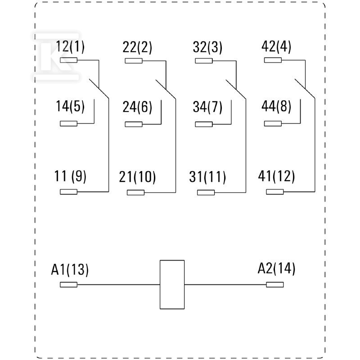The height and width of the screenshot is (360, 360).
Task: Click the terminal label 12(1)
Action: [x=70, y=47]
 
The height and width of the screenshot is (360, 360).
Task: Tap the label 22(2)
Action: [x=137, y=48]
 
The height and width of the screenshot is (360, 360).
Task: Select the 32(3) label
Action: [x=207, y=48]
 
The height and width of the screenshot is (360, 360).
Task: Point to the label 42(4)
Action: [x=276, y=47]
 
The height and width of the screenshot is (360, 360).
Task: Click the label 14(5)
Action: [x=70, y=106]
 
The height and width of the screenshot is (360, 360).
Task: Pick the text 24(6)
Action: [x=137, y=107]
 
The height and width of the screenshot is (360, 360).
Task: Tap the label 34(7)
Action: [x=207, y=107]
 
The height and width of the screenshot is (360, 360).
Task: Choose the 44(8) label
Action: [x=276, y=107]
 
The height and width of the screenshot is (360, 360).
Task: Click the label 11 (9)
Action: [x=70, y=176]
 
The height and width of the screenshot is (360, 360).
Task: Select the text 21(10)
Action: [x=137, y=177]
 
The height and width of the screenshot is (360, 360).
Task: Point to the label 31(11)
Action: [x=207, y=177]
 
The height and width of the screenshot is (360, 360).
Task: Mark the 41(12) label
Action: [x=276, y=176]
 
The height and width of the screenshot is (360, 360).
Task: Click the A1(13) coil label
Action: [x=70, y=270]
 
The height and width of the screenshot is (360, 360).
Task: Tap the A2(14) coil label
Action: [x=276, y=269]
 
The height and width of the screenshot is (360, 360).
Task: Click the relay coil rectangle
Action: [x=172, y=284]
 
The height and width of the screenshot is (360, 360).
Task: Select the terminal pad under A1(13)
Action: [x=69, y=285]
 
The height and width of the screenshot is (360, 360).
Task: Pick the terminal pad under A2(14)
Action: [x=275, y=285]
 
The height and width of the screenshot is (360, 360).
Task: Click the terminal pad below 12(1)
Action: [x=69, y=60]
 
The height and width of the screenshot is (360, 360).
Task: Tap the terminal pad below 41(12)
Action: [x=275, y=192]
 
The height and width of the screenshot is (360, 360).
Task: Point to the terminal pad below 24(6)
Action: [x=134, y=124]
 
